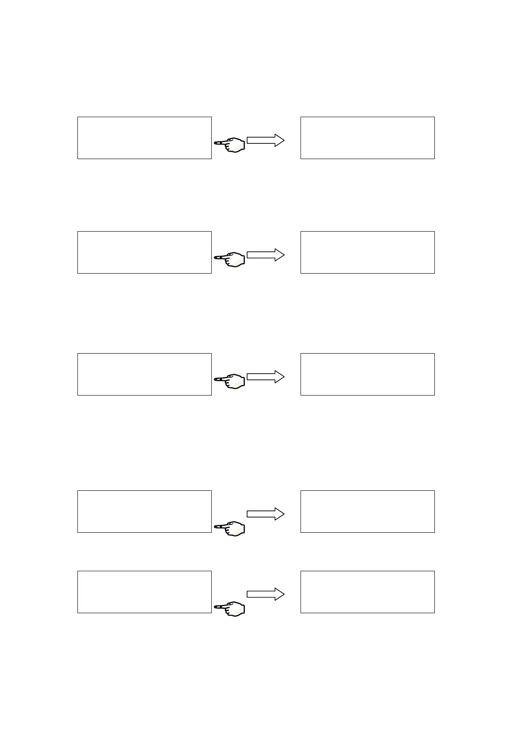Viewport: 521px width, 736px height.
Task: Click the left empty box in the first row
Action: pos(144,138)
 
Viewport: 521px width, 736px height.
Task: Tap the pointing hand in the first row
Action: pos(230,144)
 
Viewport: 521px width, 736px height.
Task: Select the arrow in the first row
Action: pos(266,140)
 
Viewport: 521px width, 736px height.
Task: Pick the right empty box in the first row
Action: pos(367,138)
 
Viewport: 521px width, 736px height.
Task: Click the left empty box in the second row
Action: pos(144,252)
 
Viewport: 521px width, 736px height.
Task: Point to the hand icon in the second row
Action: pos(230,259)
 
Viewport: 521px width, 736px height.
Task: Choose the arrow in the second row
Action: pos(266,255)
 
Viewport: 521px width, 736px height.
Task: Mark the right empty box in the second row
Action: pos(367,252)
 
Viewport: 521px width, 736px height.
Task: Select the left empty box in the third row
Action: pos(144,374)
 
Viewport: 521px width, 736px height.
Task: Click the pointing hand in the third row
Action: pos(230,381)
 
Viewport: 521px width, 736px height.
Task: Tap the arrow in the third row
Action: pos(266,377)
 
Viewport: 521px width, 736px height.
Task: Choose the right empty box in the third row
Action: pos(367,374)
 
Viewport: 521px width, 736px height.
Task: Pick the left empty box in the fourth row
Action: pos(144,511)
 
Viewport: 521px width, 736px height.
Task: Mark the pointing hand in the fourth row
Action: pos(230,528)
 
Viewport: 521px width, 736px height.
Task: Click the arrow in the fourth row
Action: pos(266,514)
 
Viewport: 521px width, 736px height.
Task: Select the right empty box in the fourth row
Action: pos(367,511)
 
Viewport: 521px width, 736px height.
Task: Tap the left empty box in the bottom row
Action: pos(144,592)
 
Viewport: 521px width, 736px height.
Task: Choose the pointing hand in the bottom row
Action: pos(230,608)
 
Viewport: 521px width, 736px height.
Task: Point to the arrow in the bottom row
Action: pos(266,594)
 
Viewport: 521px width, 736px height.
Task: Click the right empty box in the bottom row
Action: pos(367,592)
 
